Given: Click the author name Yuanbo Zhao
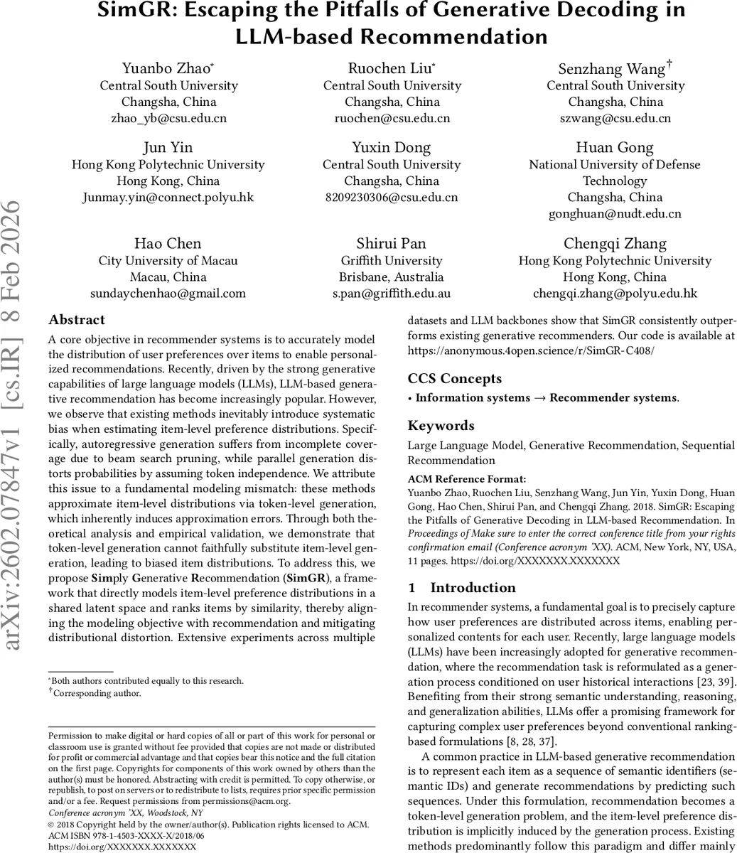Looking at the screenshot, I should pyautogui.click(x=167, y=68).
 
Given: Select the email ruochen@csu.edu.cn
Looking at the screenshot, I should pyautogui.click(x=392, y=118).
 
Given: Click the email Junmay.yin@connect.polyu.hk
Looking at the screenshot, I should pyautogui.click(x=168, y=197).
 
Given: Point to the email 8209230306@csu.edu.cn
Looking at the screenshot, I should pyautogui.click(x=392, y=197).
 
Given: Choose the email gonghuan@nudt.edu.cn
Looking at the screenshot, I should pyautogui.click(x=615, y=213).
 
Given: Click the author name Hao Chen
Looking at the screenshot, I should pyautogui.click(x=168, y=244).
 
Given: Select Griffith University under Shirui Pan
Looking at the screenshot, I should pyautogui.click(x=392, y=260).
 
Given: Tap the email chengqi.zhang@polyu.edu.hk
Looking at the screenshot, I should pyautogui.click(x=615, y=293).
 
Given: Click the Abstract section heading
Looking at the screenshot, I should pyautogui.click(x=77, y=320).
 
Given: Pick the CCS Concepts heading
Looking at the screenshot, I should pyautogui.click(x=455, y=379).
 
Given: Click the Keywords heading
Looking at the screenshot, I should pyautogui.click(x=441, y=426).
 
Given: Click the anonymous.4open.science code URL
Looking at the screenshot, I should pyautogui.click(x=531, y=350).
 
